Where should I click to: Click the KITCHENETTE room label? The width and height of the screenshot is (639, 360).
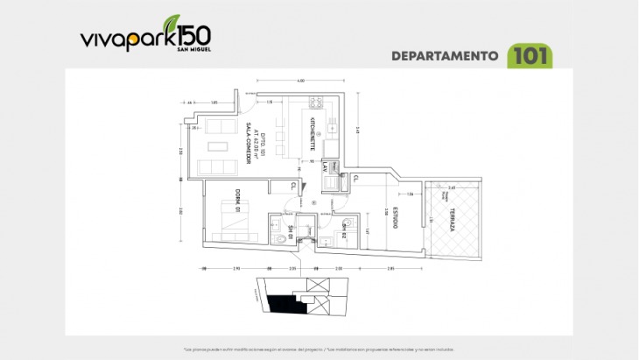(x=312, y=139)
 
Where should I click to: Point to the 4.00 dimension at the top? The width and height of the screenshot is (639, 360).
(x=300, y=81)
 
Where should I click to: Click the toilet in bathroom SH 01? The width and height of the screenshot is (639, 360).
(x=278, y=234)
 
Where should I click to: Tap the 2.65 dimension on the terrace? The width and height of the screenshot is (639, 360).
(x=451, y=187)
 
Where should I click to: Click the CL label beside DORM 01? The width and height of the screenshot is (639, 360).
(x=292, y=185)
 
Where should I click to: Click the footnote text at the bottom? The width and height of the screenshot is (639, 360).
(x=319, y=349)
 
